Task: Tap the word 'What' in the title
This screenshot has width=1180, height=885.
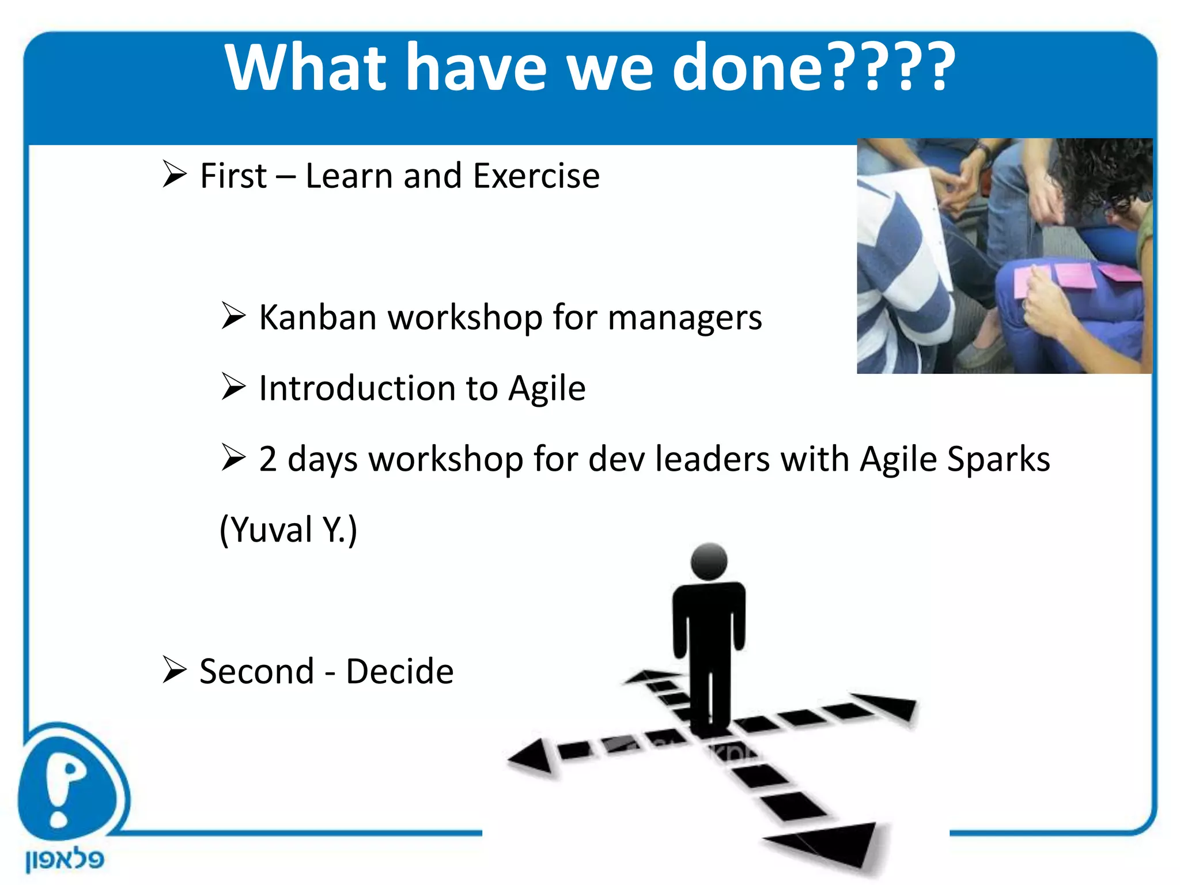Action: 305,68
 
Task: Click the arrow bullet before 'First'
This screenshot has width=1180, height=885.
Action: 174,174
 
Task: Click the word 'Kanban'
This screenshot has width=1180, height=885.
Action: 317,317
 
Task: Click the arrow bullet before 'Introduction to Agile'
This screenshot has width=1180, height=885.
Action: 233,387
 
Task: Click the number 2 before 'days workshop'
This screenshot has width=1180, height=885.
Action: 268,459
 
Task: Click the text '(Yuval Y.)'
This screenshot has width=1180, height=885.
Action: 288,530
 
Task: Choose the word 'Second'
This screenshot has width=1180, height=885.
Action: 256,672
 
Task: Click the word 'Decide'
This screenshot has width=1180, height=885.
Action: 399,672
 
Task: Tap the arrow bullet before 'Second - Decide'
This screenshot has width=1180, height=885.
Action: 174,670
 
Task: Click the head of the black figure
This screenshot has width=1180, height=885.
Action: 709,561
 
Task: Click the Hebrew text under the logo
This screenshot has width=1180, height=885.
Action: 65,860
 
